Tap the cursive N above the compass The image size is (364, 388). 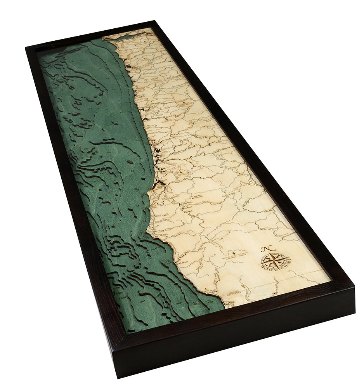266,248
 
